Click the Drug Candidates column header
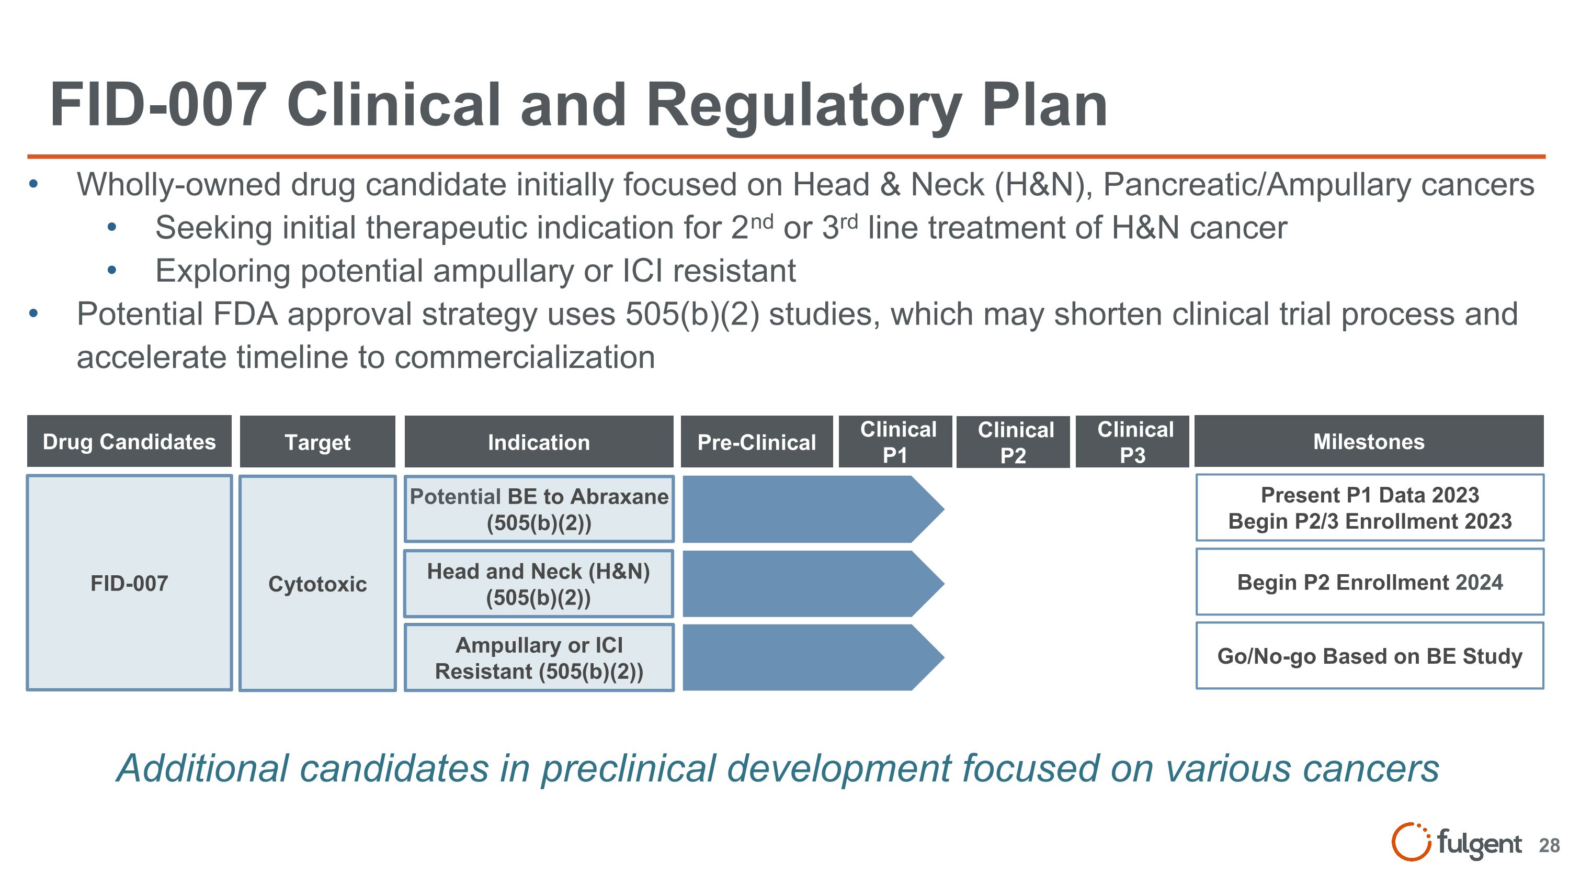pos(129,441)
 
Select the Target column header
pos(317,442)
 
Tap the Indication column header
pos(539,442)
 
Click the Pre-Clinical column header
pos(756,442)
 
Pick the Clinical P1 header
pos(895,442)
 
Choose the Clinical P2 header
pos(1014,442)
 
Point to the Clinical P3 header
pos(1133,442)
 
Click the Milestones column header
pos(1369,441)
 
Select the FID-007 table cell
pos(129,583)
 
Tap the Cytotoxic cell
pos(317,583)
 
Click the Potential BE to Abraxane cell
pos(539,509)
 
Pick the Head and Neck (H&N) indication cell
pos(539,583)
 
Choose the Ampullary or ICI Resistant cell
pos(539,657)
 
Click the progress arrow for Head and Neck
pos(804,583)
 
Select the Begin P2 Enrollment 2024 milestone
pos(1369,582)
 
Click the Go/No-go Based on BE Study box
pos(1369,656)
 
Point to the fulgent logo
pos(1456,843)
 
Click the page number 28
pos(1549,845)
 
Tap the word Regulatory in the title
pos(804,105)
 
